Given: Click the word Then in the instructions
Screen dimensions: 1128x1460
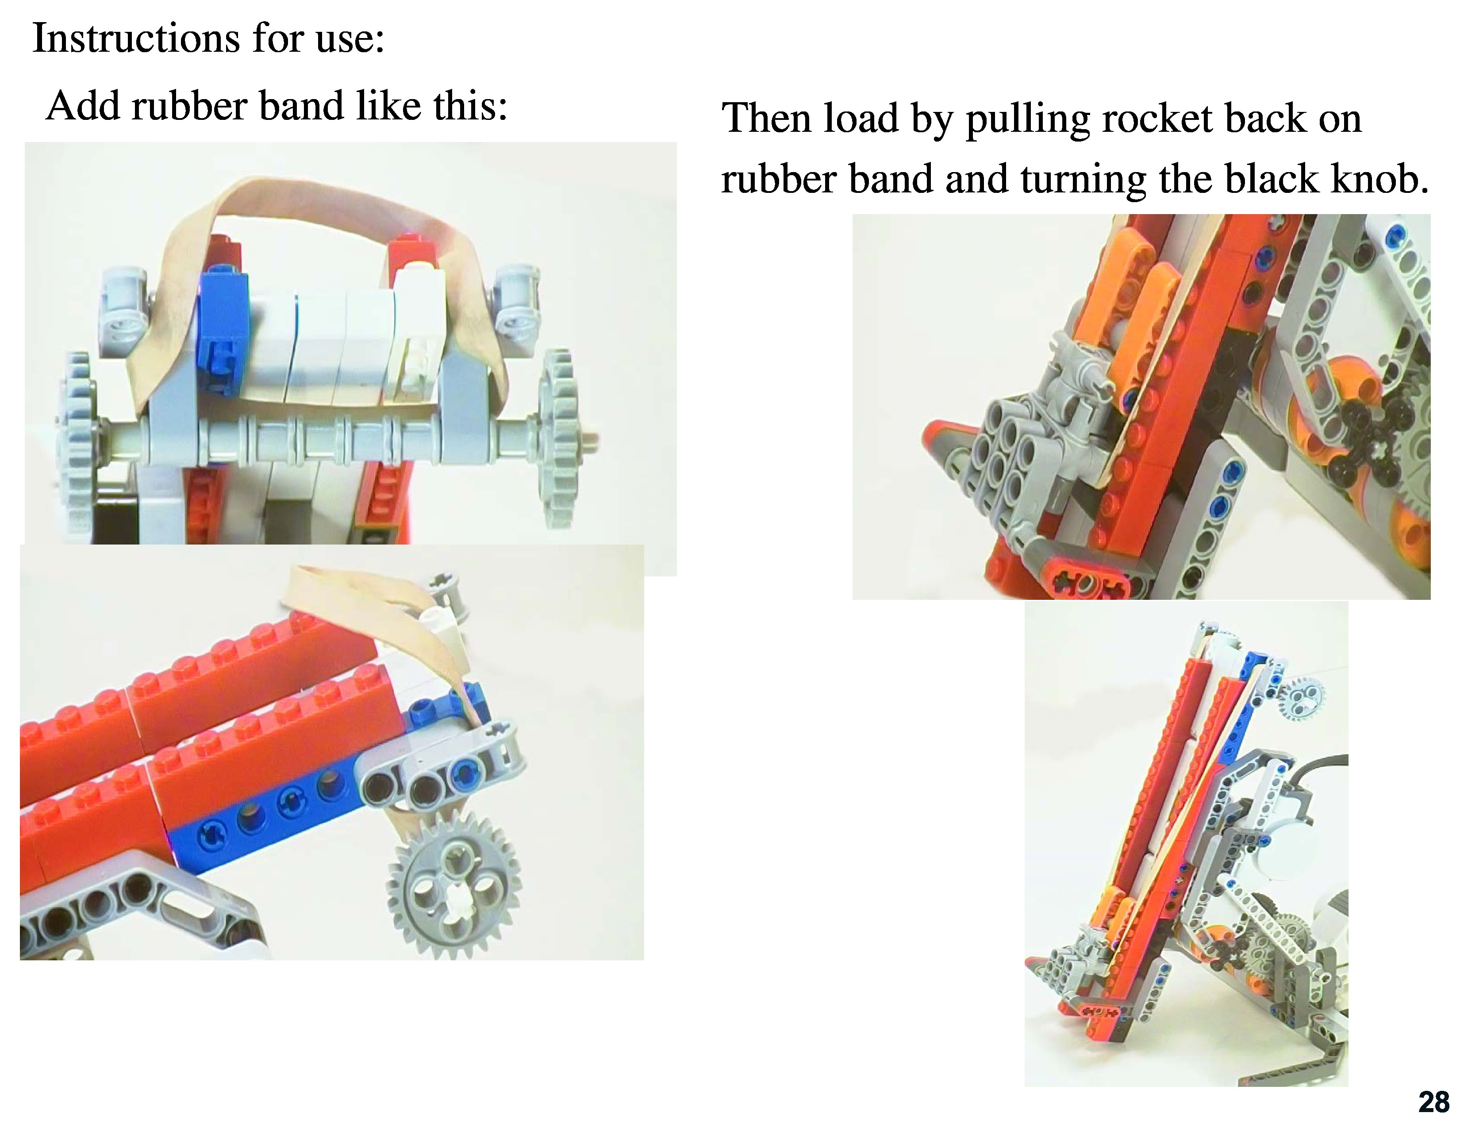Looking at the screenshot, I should pyautogui.click(x=766, y=119).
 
